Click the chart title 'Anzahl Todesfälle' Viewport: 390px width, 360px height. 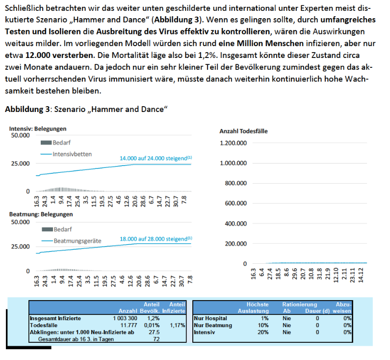tap(243, 131)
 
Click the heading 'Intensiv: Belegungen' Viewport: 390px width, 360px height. tap(38, 129)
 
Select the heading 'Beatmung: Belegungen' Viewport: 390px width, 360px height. tap(41, 214)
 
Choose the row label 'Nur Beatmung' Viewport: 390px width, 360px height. tap(213, 325)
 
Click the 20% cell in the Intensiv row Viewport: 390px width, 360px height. tap(263, 332)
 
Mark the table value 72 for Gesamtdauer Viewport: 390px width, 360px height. tap(156, 339)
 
